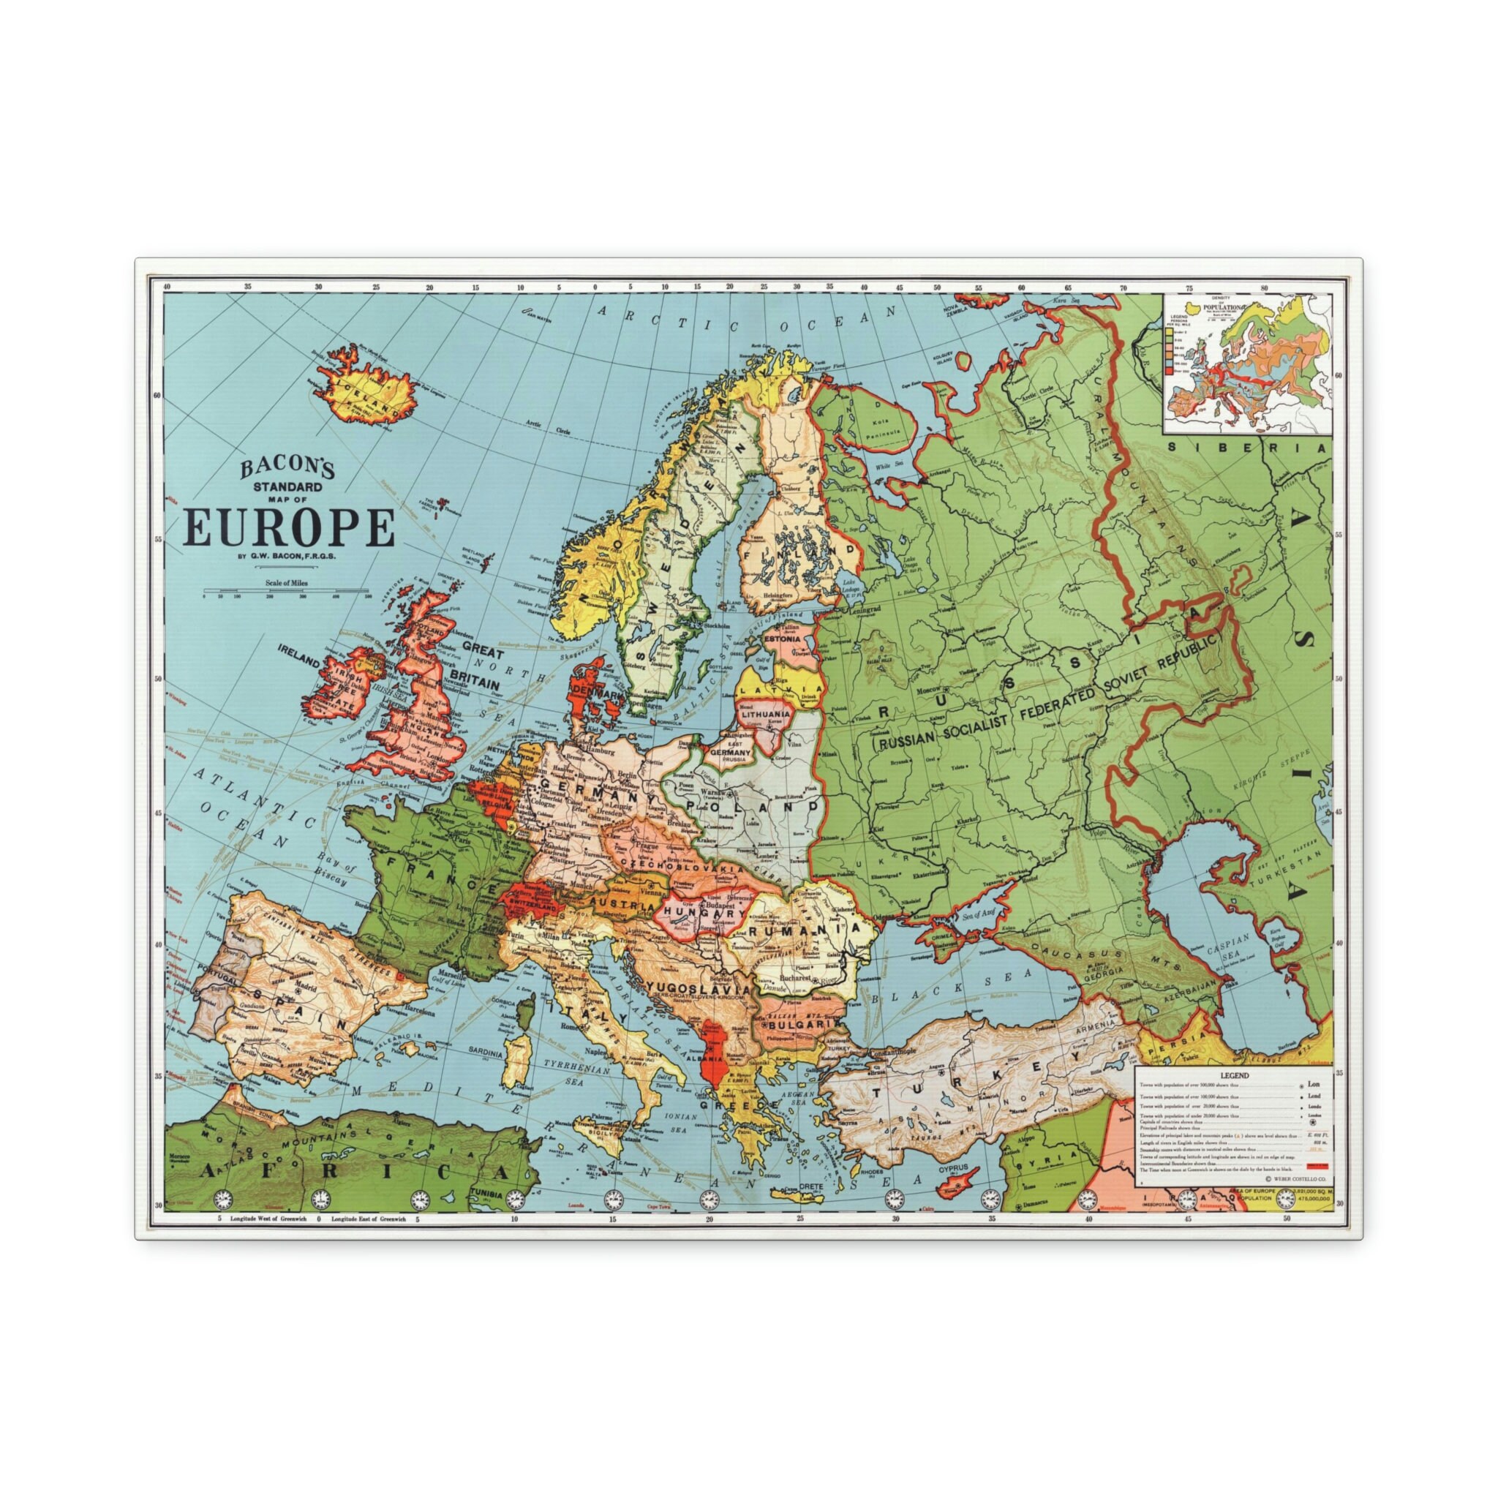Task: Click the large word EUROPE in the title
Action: coord(288,529)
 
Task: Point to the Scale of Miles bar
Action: coord(285,595)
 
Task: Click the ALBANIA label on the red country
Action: coord(712,1058)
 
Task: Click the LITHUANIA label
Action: coord(766,713)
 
